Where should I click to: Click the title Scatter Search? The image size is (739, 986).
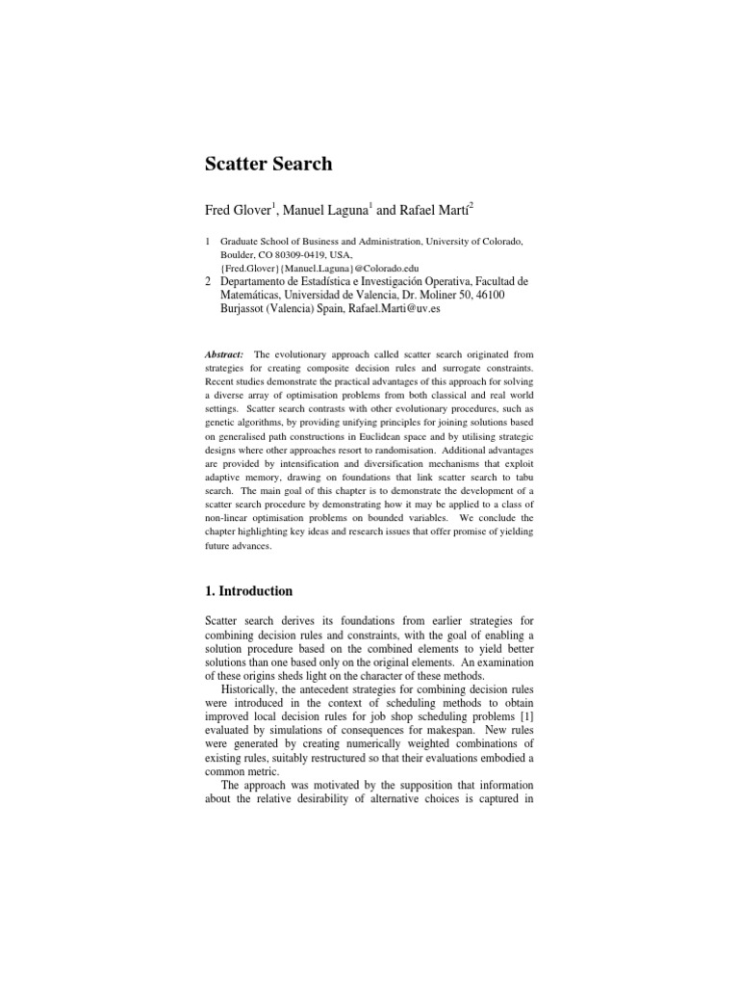coord(268,164)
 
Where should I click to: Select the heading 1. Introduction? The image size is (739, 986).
coord(249,590)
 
